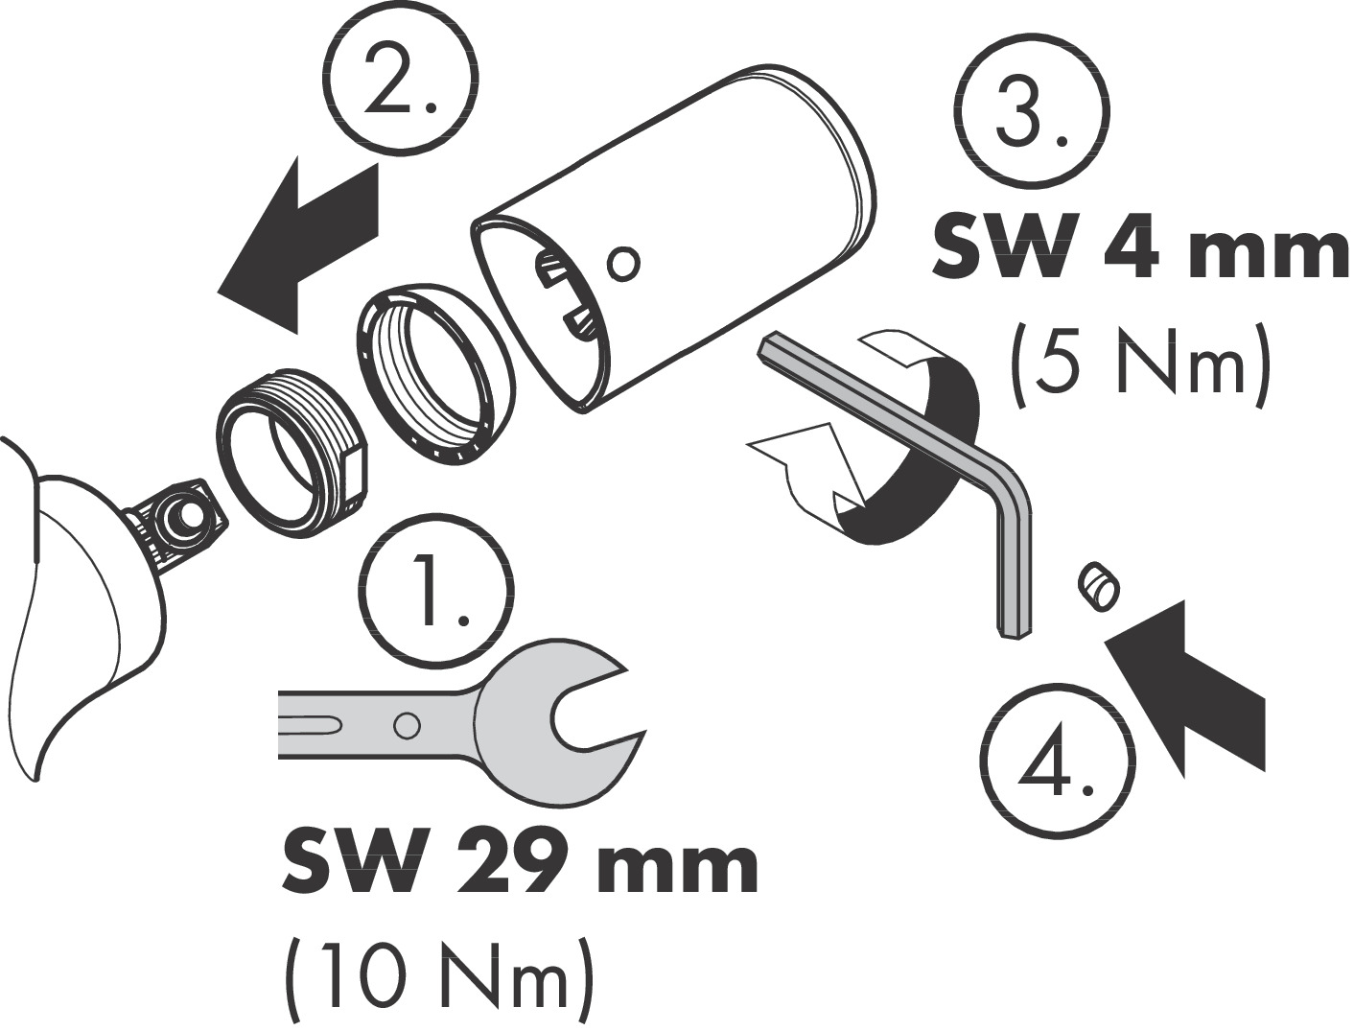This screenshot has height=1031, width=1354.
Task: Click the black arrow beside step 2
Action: click(x=299, y=246)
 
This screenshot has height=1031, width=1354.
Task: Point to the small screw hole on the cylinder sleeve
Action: click(x=623, y=264)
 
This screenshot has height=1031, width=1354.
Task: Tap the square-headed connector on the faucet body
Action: click(x=175, y=517)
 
